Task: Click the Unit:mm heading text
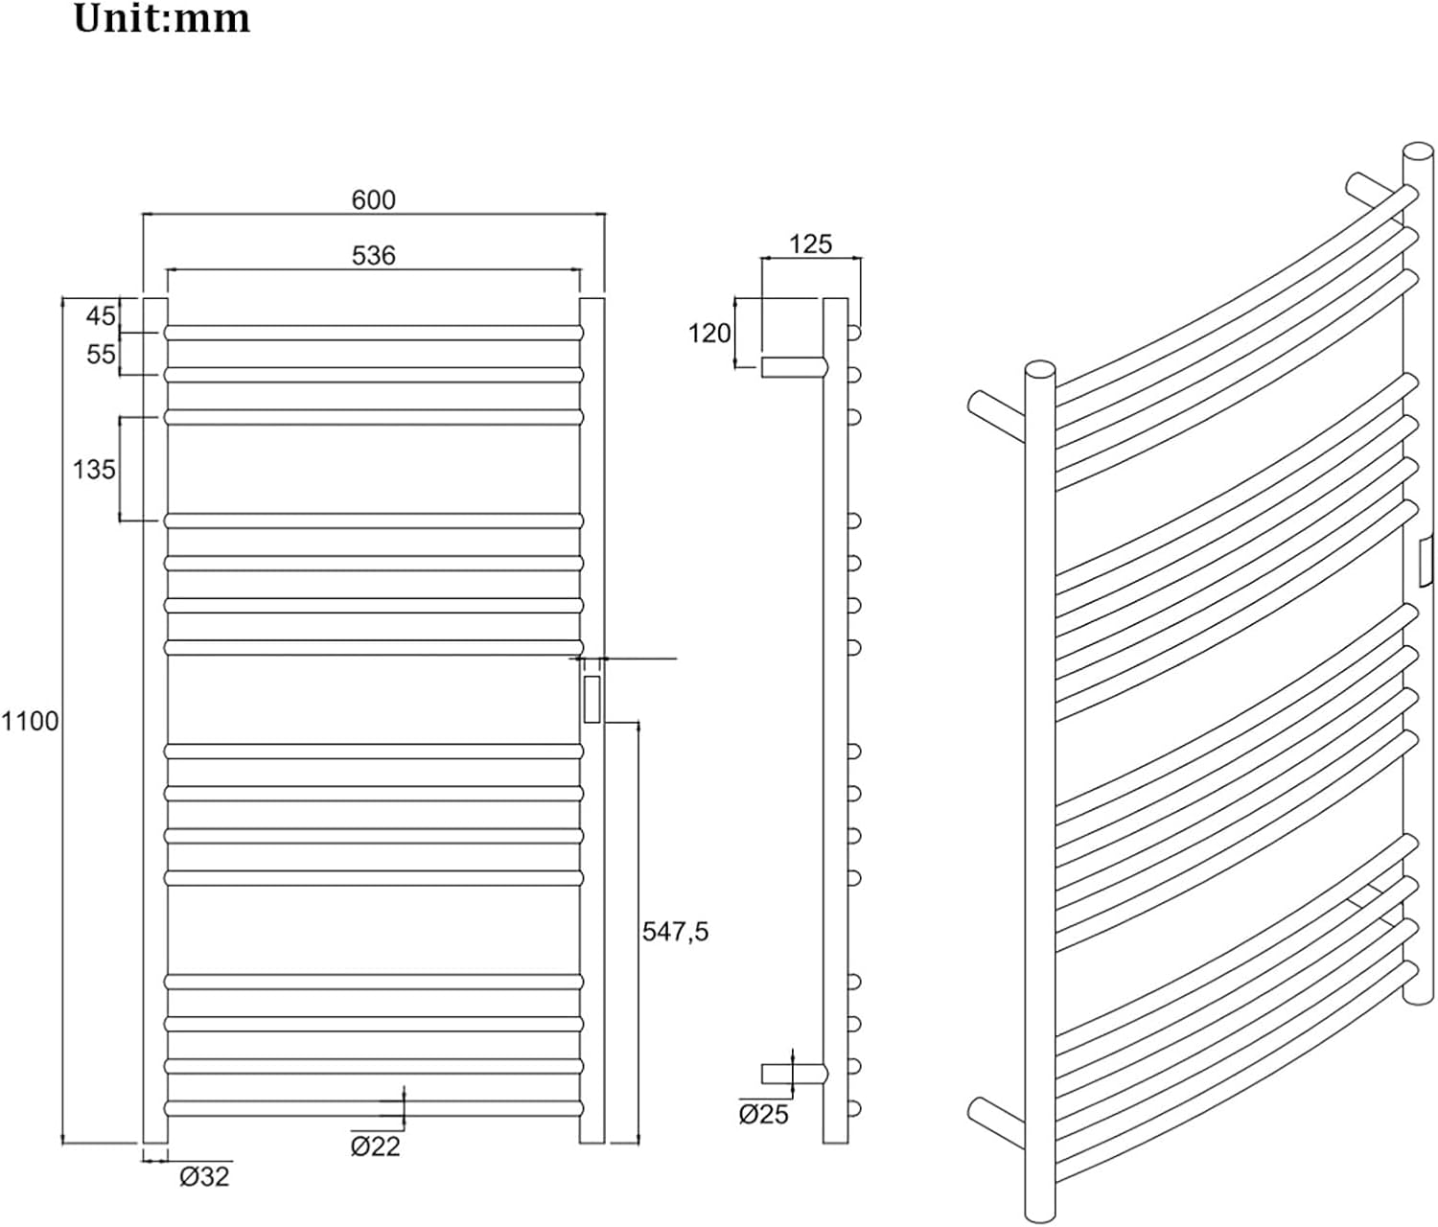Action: click(x=161, y=19)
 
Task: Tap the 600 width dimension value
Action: click(x=374, y=200)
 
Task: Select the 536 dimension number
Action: click(x=374, y=256)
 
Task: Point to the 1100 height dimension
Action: click(x=30, y=721)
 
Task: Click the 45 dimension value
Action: click(x=100, y=316)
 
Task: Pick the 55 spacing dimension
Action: click(x=100, y=355)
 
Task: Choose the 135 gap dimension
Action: click(x=94, y=470)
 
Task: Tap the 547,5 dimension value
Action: click(x=675, y=932)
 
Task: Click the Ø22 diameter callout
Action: click(x=376, y=1146)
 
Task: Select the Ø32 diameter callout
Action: click(x=204, y=1176)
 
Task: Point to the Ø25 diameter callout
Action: click(x=763, y=1114)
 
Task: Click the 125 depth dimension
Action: click(x=810, y=244)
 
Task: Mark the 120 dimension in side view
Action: click(x=709, y=334)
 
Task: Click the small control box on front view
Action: click(x=592, y=699)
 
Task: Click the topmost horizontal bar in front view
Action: click(x=374, y=334)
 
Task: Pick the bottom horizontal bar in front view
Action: click(x=374, y=1108)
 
